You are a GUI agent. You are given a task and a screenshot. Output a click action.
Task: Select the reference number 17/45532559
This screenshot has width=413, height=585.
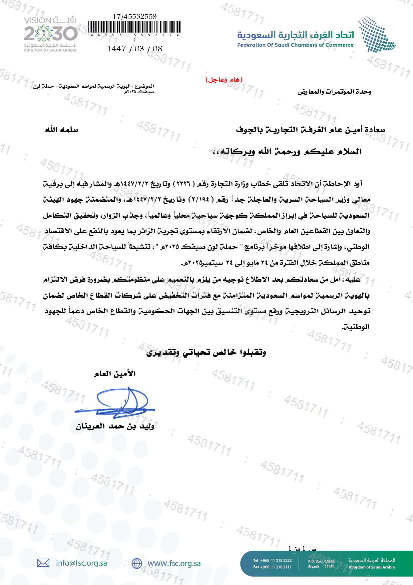click(x=135, y=16)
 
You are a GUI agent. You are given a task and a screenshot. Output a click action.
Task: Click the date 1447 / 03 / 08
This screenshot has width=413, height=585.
click(x=135, y=49)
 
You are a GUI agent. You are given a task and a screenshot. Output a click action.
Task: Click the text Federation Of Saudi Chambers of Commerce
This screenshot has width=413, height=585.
click(x=295, y=45)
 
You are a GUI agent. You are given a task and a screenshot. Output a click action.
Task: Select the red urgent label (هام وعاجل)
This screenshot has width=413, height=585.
click(x=224, y=80)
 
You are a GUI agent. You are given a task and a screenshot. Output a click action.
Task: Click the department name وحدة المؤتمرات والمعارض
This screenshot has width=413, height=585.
click(x=334, y=92)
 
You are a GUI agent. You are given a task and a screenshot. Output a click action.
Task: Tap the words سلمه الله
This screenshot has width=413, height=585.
click(x=62, y=130)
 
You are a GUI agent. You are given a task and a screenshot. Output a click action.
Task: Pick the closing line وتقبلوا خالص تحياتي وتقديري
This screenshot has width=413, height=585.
click(x=206, y=352)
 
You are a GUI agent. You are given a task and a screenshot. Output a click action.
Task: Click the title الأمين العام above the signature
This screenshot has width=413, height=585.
click(x=115, y=374)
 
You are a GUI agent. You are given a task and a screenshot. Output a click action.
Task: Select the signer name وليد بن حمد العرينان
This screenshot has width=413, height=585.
click(x=115, y=426)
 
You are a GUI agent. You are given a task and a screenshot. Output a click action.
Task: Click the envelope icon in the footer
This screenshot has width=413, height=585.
click(x=43, y=563)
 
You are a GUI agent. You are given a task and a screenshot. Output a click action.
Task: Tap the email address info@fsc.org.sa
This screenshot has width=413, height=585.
click(x=82, y=563)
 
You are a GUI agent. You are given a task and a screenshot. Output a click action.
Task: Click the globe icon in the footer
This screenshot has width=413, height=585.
click(x=137, y=563)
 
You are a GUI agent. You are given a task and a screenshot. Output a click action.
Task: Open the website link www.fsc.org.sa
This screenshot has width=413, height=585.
click(x=174, y=563)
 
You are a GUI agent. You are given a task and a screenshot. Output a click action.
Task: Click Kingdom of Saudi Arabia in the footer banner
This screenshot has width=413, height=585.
click(x=371, y=567)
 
